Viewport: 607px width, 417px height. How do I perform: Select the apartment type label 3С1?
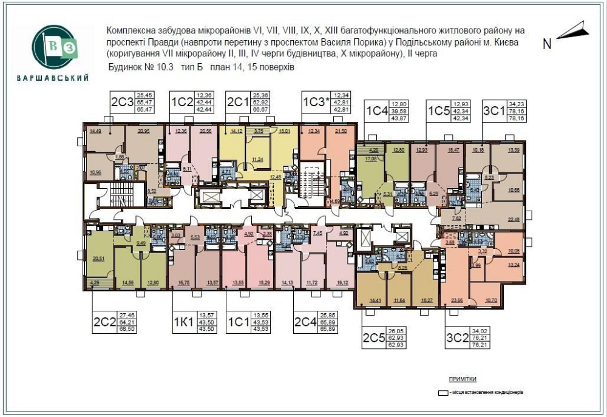click(493, 111)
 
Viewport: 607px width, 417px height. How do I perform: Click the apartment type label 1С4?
click(377, 111)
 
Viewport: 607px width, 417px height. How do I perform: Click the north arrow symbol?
click(573, 30)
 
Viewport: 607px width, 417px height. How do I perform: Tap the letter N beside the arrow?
click(547, 44)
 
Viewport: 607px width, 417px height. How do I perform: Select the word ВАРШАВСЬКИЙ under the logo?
click(54, 78)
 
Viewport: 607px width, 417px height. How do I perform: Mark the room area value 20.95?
click(144, 131)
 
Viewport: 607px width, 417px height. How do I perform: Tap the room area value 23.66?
click(458, 299)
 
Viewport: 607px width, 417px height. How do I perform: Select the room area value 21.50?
click(341, 131)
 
